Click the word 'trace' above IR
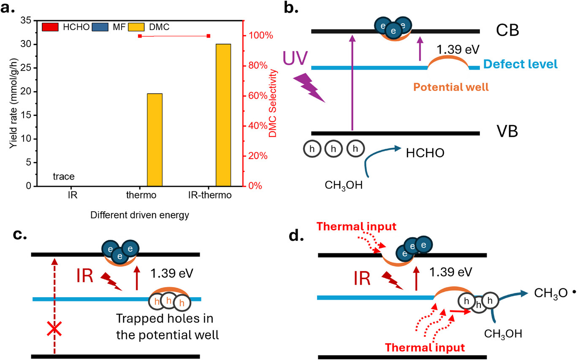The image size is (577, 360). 64,177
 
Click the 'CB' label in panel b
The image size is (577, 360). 508,32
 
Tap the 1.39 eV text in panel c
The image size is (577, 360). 172,273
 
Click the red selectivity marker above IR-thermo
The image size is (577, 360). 209,36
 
